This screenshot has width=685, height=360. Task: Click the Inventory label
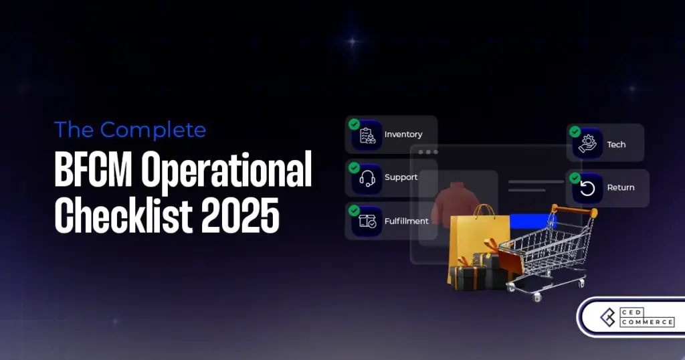point(403,134)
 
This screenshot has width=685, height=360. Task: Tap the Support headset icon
point(367,178)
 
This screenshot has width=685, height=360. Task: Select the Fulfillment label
point(406,221)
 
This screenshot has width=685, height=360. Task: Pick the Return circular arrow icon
point(587,188)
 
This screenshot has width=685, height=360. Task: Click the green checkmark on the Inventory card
point(354,124)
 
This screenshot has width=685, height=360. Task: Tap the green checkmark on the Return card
point(574,177)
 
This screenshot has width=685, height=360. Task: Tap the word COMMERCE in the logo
point(646,323)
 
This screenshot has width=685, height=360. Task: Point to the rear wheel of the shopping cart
point(536,296)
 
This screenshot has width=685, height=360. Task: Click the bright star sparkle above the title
point(353,41)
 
